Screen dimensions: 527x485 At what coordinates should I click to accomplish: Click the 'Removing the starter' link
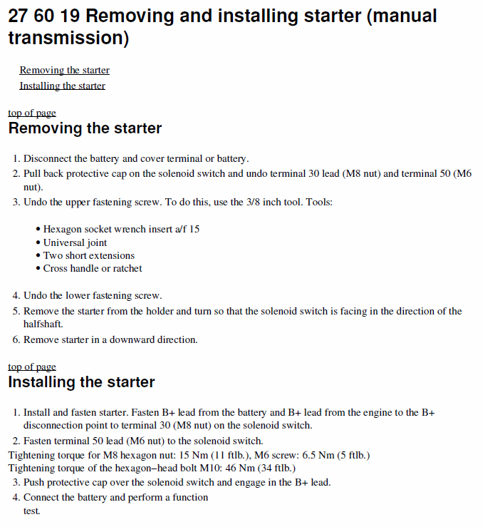tap(64, 71)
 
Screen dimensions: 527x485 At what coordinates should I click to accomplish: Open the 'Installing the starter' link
tap(62, 86)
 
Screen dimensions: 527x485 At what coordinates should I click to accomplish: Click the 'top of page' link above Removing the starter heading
tap(31, 113)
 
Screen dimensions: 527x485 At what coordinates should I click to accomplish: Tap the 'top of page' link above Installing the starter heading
tap(31, 367)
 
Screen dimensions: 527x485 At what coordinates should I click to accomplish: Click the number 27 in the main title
tap(19, 16)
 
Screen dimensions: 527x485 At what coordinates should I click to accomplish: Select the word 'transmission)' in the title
tap(68, 39)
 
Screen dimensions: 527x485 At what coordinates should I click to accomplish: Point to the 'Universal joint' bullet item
tap(75, 242)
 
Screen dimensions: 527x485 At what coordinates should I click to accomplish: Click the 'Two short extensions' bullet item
tap(88, 255)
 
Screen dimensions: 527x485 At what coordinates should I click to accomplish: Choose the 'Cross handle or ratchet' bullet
tap(93, 268)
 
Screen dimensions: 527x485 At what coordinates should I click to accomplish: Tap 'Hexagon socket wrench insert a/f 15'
tap(121, 230)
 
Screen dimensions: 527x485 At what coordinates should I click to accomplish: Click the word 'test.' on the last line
tap(31, 511)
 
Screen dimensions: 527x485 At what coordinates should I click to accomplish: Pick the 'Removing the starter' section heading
tap(85, 129)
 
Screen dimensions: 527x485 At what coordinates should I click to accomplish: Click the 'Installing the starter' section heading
tap(81, 382)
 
